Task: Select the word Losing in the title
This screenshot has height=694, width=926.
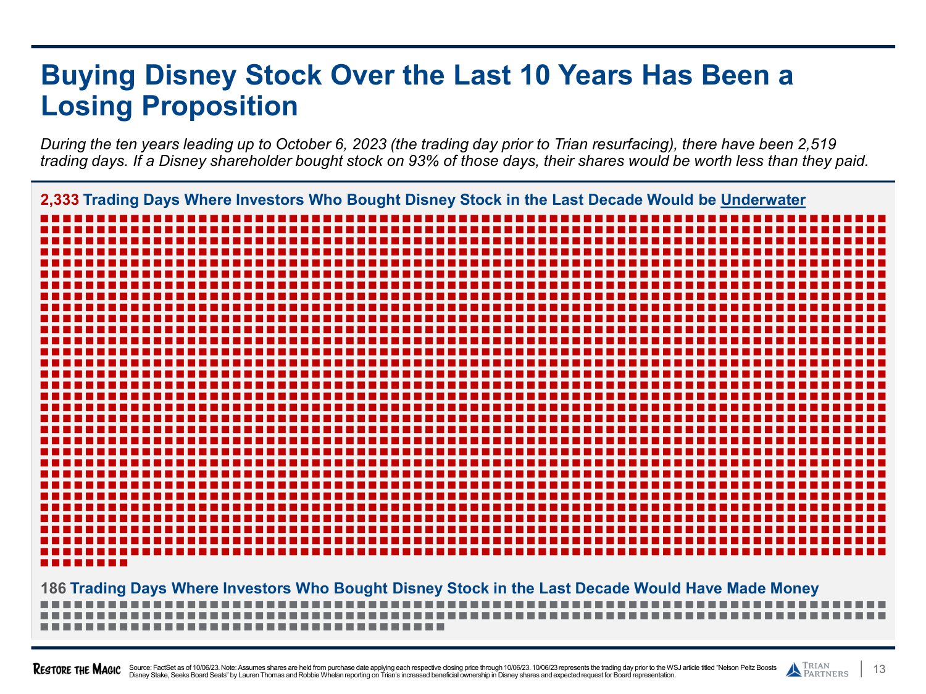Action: point(86,106)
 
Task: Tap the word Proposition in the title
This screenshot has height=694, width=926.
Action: point(220,106)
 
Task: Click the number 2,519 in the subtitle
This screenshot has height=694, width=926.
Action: point(817,144)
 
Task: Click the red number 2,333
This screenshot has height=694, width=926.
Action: point(60,200)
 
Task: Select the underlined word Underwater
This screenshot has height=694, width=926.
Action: point(762,200)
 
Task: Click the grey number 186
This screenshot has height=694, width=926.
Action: point(53,589)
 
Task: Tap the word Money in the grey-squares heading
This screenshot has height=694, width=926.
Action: point(792,589)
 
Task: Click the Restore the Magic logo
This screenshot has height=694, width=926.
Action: point(77,670)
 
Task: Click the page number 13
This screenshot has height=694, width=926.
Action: point(880,670)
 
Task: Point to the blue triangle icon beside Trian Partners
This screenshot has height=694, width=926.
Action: point(793,670)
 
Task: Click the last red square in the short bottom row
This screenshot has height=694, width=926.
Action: point(123,563)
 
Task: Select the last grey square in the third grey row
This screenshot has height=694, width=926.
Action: point(440,627)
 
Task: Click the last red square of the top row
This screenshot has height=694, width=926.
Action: point(882,218)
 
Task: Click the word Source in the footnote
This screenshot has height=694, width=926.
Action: point(140,667)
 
